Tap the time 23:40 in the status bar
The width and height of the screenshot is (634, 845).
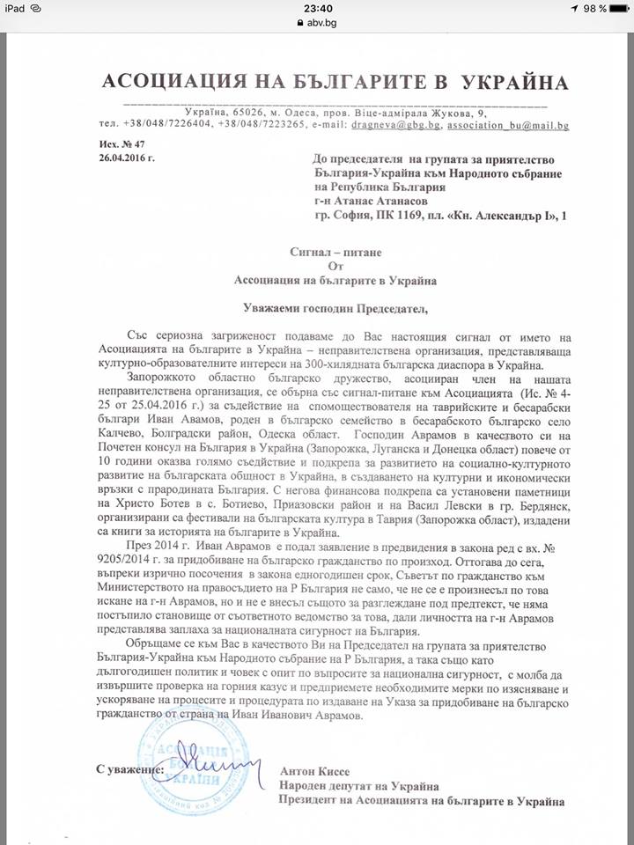[x=316, y=8]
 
